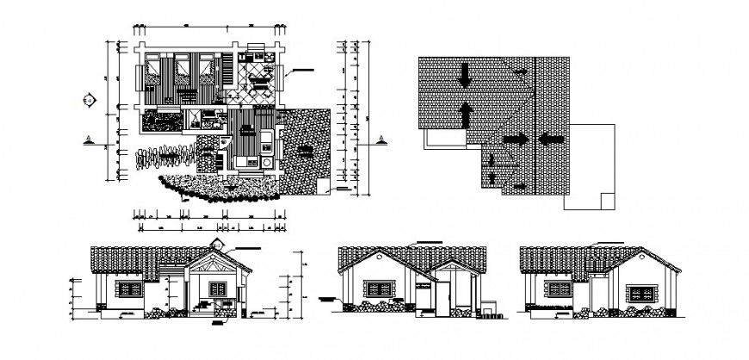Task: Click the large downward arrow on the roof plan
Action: tap(465, 75)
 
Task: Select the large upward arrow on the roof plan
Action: tap(465, 113)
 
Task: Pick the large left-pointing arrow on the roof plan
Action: tap(551, 138)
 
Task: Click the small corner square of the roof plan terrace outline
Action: tap(608, 202)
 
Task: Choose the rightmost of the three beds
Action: tap(207, 70)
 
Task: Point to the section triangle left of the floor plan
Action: tap(90, 139)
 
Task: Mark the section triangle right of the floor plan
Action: tap(380, 139)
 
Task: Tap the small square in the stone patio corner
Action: tap(320, 186)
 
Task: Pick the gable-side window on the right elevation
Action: tap(641, 293)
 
